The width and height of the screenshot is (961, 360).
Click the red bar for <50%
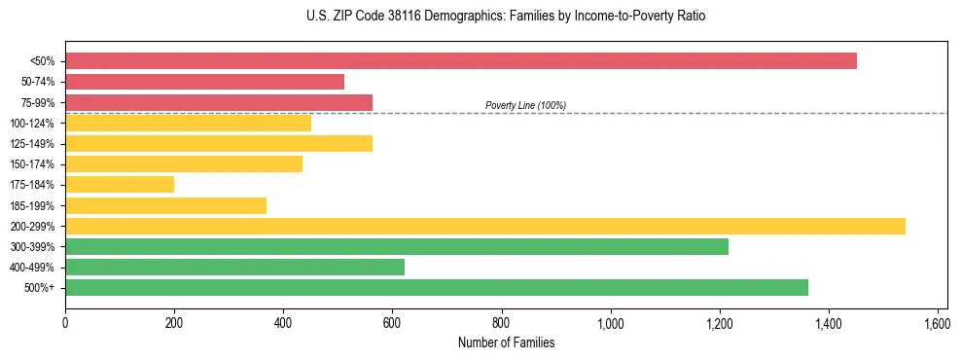pyautogui.click(x=461, y=61)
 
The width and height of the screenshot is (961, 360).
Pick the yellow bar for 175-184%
pyautogui.click(x=120, y=185)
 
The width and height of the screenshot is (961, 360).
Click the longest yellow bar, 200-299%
pyautogui.click(x=485, y=227)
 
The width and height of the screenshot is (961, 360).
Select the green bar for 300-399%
pyautogui.click(x=397, y=247)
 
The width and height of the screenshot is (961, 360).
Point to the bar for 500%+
pyautogui.click(x=437, y=288)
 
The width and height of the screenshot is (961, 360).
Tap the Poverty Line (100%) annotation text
pyautogui.click(x=525, y=105)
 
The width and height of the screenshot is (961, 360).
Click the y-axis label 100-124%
pyautogui.click(x=32, y=124)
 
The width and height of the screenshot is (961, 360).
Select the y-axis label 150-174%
pyautogui.click(x=32, y=164)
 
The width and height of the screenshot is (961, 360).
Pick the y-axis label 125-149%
pyautogui.click(x=32, y=144)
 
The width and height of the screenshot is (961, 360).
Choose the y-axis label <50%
pyautogui.click(x=42, y=61)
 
